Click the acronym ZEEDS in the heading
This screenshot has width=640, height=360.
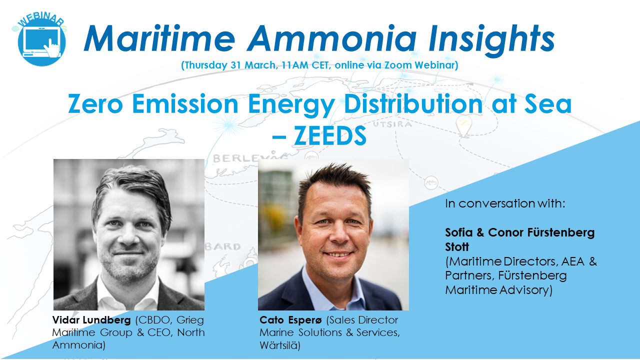[x=330, y=136]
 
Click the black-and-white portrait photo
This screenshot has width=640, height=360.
[x=129, y=234]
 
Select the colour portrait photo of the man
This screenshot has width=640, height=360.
[x=333, y=234]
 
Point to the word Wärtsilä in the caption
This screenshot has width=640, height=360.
[x=279, y=345]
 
